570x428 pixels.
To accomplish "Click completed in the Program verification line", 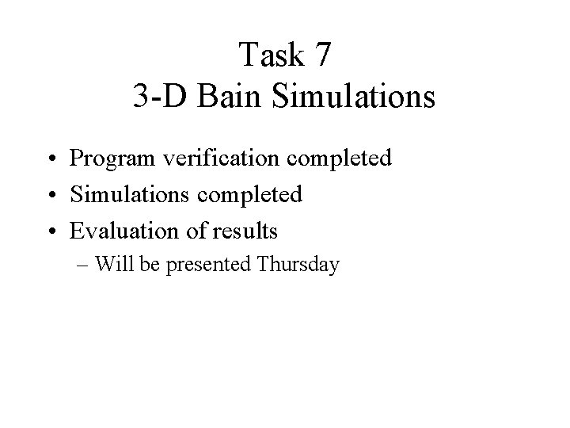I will click(340, 158).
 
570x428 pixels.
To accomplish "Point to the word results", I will click(246, 231).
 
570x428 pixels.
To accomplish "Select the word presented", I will click(207, 264).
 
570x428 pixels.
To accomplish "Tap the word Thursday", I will click(298, 264).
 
